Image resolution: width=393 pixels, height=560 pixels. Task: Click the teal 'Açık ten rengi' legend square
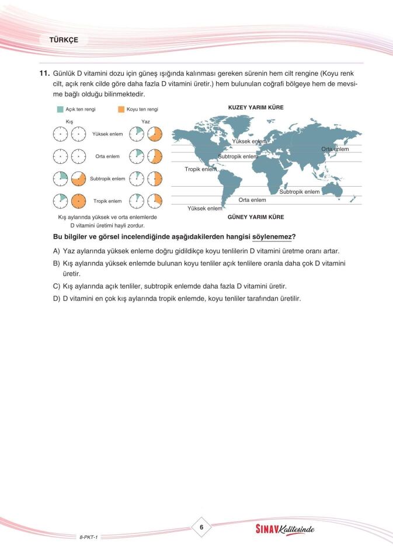(60, 109)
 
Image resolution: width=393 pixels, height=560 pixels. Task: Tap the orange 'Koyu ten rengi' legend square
(121, 109)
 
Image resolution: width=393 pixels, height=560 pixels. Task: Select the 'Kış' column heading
(69, 121)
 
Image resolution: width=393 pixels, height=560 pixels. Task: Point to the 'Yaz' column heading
(145, 121)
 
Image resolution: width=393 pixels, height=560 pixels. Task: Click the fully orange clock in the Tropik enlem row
(78, 201)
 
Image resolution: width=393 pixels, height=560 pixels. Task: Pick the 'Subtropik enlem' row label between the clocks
(107, 178)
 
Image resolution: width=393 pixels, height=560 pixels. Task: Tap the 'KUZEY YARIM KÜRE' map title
(255, 107)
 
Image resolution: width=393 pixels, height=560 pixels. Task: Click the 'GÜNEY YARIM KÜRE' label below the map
(255, 217)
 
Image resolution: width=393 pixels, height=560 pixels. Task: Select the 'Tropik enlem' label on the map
(200, 169)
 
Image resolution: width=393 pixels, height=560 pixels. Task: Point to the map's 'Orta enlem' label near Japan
(335, 149)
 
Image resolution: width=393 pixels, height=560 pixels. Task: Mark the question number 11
(43, 73)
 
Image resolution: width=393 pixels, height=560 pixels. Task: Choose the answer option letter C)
(57, 286)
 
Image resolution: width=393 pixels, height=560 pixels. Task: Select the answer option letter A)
(57, 251)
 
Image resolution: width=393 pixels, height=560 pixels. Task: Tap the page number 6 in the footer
(201, 527)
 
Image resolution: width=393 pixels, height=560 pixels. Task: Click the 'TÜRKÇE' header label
(64, 40)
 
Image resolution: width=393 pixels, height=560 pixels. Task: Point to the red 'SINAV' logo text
(270, 530)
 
